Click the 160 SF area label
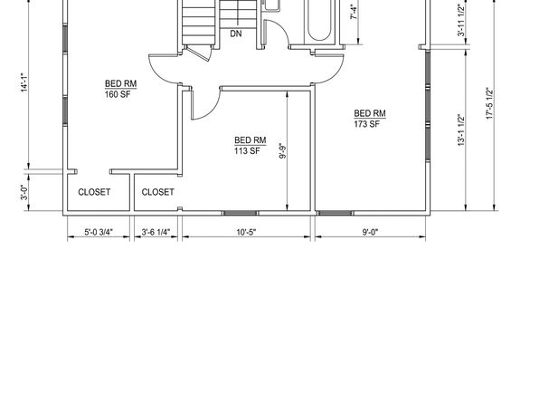coord(118,94)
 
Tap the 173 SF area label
coord(367,124)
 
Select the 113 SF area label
coord(247,151)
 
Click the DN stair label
coord(236,34)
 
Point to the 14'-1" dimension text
coord(24,82)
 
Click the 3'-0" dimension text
coord(24,193)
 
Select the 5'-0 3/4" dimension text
coord(99,232)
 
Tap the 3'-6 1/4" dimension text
coord(156,232)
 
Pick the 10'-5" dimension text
coord(246,232)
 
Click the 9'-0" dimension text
coord(370,232)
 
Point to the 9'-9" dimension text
coord(282,151)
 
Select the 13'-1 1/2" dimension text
coord(461,130)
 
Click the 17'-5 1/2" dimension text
coord(490,103)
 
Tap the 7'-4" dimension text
coord(355,11)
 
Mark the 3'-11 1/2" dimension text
coord(461,20)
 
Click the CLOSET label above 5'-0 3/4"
coord(94,192)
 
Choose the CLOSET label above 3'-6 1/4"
coord(157,192)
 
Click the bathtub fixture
coord(319,21)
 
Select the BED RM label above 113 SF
coord(251,140)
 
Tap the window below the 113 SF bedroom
coord(240,213)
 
